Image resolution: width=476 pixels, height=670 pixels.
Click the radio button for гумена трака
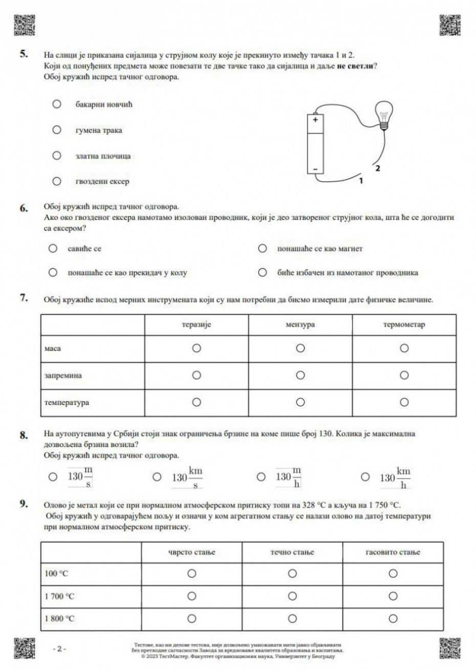pos(57,130)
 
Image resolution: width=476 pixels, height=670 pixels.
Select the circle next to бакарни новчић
pos(57,104)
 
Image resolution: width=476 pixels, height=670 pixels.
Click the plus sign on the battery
pos(315,121)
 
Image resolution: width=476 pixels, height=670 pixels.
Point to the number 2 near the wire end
pos(378,168)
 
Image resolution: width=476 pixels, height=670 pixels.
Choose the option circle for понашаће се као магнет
pos(263,249)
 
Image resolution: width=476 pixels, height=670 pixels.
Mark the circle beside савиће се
pos(52,249)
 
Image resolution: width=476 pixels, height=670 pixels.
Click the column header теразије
pos(196,325)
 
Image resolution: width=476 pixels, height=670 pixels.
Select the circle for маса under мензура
pos(300,348)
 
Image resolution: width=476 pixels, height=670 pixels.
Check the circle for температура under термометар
pos(404,403)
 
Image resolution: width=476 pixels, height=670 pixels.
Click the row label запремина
pos(63,375)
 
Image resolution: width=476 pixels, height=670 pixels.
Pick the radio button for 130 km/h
pos(365,477)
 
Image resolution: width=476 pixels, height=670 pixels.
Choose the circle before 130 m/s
pos(52,477)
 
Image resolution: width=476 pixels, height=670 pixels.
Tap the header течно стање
pos(292,552)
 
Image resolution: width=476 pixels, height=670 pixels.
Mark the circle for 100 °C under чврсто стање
pos(192,574)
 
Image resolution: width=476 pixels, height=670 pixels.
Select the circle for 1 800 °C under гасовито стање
pos(393,619)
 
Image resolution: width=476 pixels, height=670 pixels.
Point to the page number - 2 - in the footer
pos(59,649)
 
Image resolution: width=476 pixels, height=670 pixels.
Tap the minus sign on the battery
pos(315,168)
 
